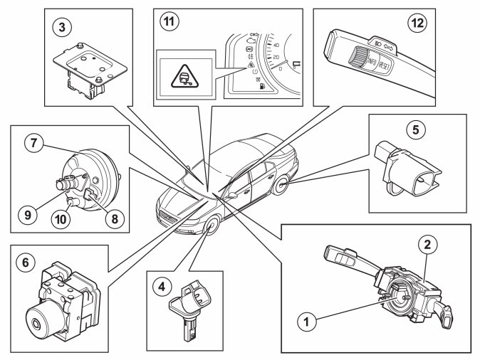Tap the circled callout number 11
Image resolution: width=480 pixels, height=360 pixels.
click(169, 21)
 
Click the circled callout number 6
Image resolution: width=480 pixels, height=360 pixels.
click(27, 262)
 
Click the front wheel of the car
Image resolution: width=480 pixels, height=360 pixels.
click(211, 228)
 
